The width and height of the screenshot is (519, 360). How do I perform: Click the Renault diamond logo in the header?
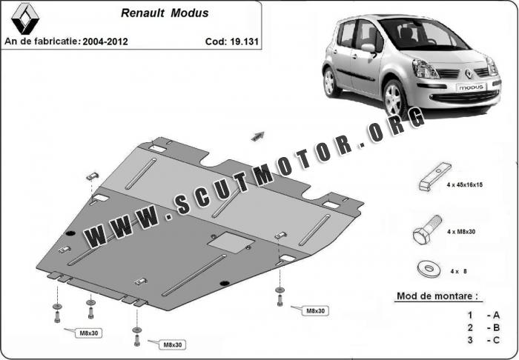[x=25, y=19]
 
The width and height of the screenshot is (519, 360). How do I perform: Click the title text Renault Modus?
[x=165, y=13]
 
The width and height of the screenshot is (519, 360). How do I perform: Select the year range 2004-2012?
[x=105, y=41]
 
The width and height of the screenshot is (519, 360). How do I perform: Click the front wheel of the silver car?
[x=394, y=99]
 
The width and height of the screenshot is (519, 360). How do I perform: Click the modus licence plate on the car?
[x=472, y=87]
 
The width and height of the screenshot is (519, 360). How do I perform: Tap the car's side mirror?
[x=369, y=49]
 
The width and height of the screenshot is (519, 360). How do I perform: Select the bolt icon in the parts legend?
[x=427, y=230]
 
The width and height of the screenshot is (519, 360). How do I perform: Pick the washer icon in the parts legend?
[x=429, y=270]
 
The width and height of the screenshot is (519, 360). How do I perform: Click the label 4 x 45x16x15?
[x=464, y=184]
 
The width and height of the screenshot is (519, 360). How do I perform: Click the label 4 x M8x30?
[x=461, y=232]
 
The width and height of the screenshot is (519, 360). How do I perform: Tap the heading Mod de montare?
[x=437, y=296]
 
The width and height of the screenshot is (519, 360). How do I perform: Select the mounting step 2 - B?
[x=483, y=327]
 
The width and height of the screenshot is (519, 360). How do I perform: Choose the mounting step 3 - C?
[x=483, y=340]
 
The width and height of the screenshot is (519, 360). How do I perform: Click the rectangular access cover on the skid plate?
[x=231, y=242]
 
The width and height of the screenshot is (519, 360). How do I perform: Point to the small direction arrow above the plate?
[x=258, y=136]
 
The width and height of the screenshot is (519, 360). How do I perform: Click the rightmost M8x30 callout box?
[x=315, y=311]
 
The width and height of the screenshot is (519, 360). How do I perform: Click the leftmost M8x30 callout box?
[x=89, y=333]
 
